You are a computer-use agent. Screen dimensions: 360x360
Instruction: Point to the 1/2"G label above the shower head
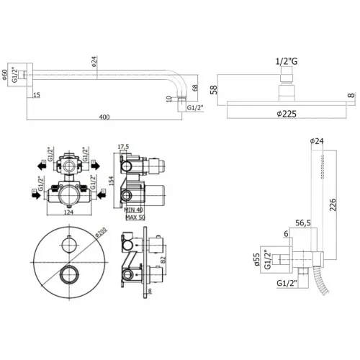tap(288, 63)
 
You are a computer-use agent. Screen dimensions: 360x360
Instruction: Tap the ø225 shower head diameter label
tap(287, 112)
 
